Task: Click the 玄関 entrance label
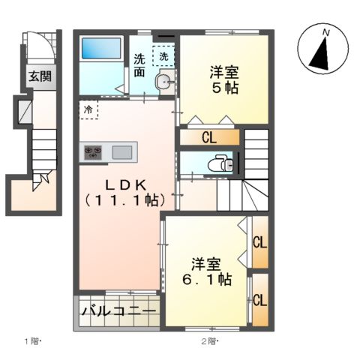pyautogui.click(x=40, y=76)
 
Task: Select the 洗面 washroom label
pyautogui.click(x=140, y=67)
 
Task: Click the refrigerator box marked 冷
pyautogui.click(x=88, y=109)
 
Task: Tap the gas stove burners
pyautogui.click(x=95, y=152)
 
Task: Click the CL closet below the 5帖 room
pyautogui.click(x=209, y=139)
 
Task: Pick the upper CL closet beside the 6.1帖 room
pyautogui.click(x=260, y=243)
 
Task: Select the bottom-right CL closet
pyautogui.click(x=260, y=300)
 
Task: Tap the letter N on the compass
pyautogui.click(x=325, y=33)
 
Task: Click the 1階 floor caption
pyautogui.click(x=34, y=343)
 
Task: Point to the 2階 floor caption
pyautogui.click(x=208, y=343)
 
